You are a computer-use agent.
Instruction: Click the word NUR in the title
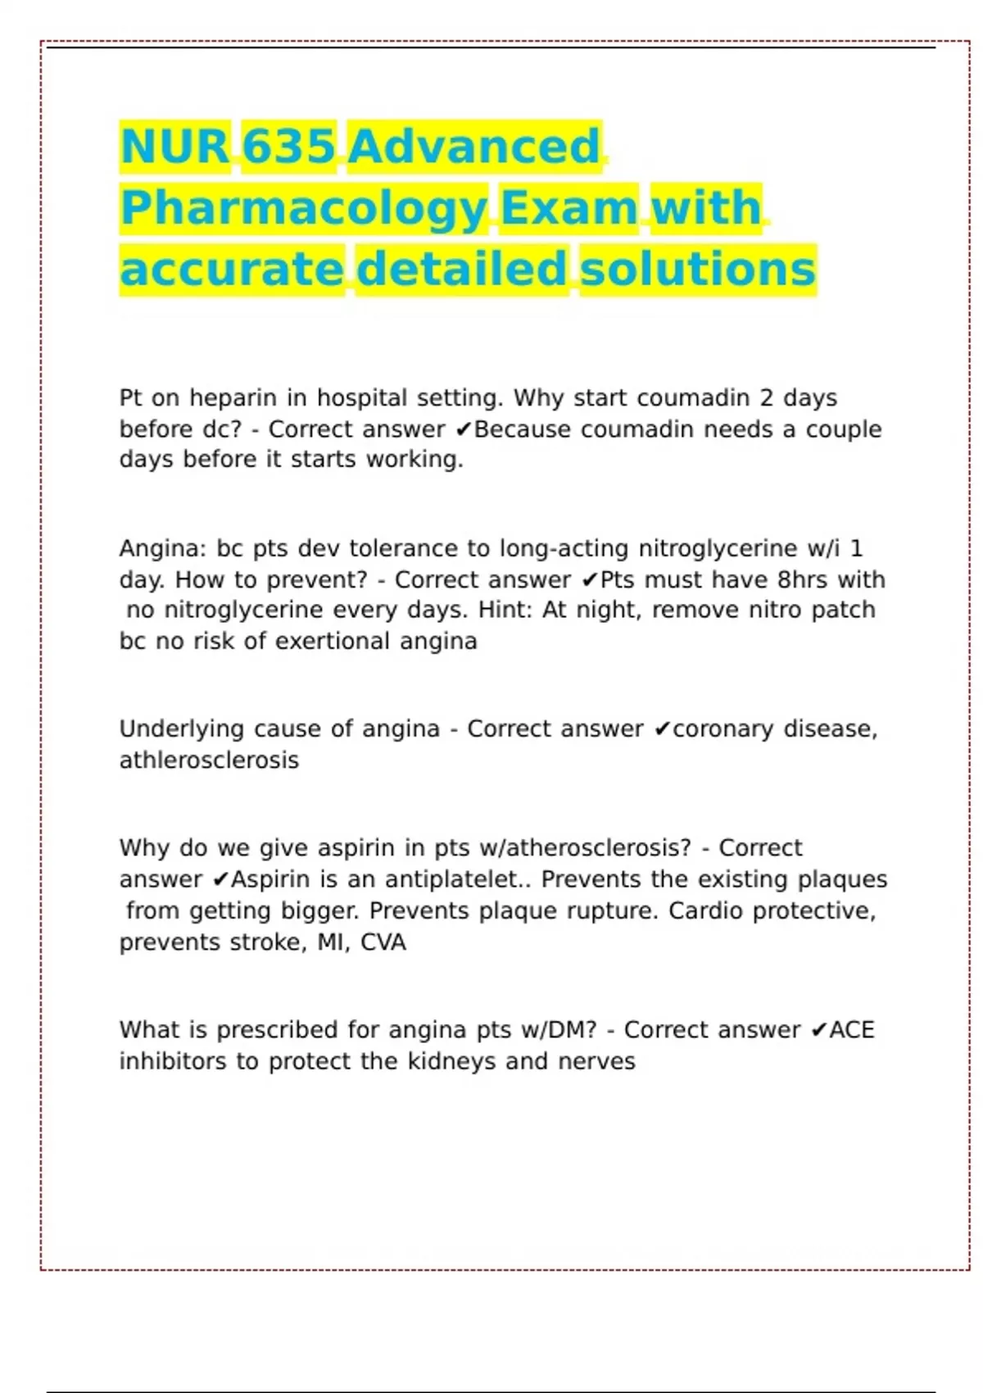tap(174, 147)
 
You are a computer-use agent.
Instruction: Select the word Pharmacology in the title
tap(304, 208)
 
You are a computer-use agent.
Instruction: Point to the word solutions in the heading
tap(698, 270)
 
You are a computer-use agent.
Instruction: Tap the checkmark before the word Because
tap(463, 429)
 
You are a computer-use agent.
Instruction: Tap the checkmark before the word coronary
tap(663, 729)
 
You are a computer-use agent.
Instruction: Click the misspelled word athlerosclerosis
tap(209, 760)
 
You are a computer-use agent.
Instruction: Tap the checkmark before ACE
tap(818, 1030)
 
